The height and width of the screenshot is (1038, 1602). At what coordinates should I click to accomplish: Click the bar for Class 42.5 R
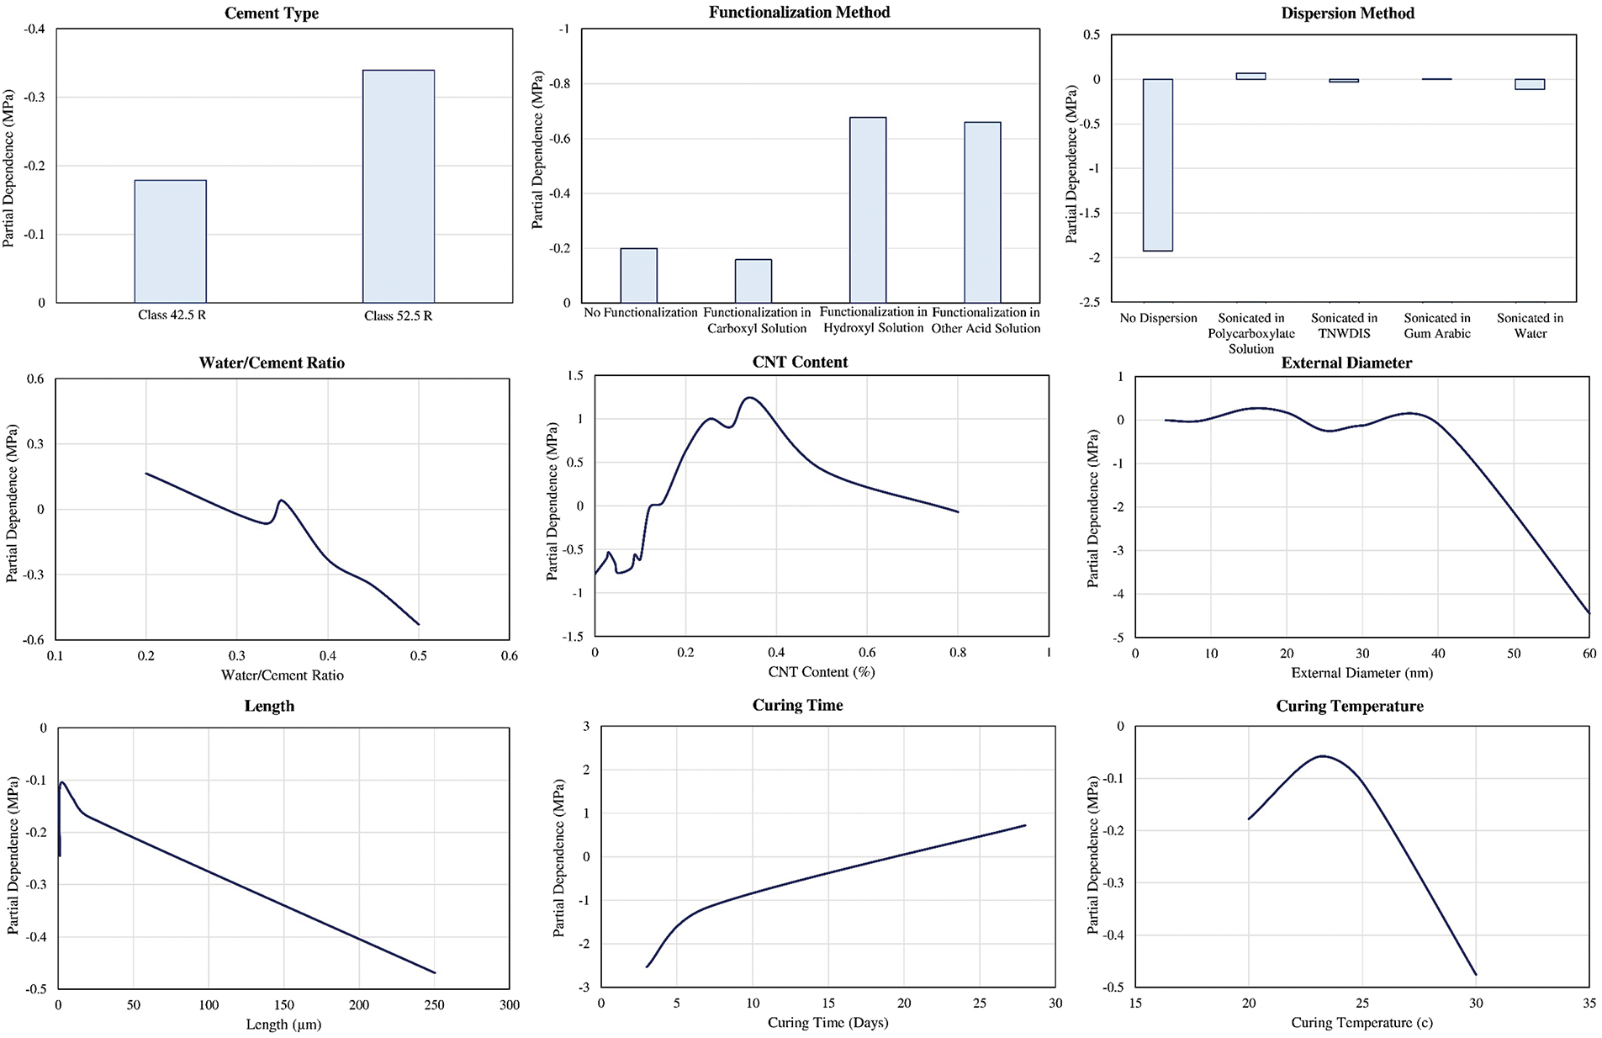(x=170, y=241)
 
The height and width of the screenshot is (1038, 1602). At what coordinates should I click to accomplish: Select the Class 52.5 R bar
(x=398, y=186)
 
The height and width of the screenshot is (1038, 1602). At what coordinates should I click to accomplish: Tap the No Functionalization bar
(x=638, y=275)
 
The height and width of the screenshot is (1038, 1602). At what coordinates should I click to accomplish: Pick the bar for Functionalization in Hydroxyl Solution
(x=867, y=209)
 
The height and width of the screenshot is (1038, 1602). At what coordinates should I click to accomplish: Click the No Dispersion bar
(x=1157, y=165)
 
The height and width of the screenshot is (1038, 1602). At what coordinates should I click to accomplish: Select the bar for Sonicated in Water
(x=1529, y=84)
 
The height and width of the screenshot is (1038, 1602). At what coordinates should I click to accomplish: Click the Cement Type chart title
(x=272, y=13)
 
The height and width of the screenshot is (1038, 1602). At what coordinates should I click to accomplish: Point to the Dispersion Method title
(x=1347, y=13)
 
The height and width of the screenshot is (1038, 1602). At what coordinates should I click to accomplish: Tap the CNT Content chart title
(x=800, y=362)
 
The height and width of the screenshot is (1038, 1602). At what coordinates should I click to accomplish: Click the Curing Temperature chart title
(x=1349, y=706)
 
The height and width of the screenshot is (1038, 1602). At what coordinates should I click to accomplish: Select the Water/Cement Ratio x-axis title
(x=282, y=675)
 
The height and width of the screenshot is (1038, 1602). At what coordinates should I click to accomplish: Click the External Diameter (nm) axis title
(x=1361, y=673)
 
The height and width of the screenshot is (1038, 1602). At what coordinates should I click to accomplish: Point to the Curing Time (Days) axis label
(x=827, y=1022)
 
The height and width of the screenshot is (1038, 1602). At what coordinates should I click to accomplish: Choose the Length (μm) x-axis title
(x=283, y=1024)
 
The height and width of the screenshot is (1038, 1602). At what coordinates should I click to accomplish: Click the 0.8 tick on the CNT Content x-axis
(x=958, y=652)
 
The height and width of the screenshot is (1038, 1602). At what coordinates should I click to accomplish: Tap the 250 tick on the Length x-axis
(x=434, y=1004)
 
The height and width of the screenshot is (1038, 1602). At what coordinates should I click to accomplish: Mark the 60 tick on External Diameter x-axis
(x=1589, y=654)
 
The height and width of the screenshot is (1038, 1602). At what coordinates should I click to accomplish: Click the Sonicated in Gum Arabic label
(x=1436, y=326)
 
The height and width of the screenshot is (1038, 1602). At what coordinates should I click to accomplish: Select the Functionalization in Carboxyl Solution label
(x=757, y=320)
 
